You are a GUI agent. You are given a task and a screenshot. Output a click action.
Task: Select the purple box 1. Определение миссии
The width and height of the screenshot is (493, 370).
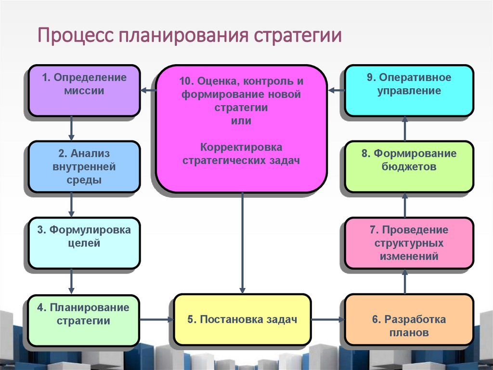point(84,90)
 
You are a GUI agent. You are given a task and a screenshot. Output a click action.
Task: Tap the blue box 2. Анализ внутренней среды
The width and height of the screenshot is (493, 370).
point(84,166)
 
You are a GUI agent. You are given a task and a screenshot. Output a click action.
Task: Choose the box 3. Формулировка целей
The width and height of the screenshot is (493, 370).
point(84,243)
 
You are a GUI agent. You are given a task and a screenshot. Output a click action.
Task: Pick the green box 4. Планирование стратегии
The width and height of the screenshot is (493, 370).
point(84,319)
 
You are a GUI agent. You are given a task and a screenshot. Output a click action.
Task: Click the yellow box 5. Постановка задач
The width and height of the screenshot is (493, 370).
point(242,319)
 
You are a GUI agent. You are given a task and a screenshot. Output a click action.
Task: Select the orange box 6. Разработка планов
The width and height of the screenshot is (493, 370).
point(409,319)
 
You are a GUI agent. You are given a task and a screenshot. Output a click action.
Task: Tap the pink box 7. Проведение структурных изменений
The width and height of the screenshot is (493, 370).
point(409,243)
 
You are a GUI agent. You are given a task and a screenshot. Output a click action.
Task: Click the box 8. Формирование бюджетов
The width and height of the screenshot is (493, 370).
point(409,166)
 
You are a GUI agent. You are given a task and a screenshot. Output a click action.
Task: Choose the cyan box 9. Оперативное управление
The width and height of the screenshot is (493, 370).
point(409,90)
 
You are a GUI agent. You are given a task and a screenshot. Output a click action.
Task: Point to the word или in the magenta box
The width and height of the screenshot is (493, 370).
point(241,121)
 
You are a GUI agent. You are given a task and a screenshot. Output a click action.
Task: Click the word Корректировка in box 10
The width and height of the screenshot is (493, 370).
point(241,147)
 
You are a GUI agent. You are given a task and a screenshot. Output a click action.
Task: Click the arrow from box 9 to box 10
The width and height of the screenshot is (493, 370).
point(336,90)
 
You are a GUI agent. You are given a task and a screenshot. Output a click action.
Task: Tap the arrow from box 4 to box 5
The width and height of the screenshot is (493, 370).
point(156,319)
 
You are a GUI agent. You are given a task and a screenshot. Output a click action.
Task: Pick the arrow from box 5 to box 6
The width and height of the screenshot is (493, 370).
point(327,319)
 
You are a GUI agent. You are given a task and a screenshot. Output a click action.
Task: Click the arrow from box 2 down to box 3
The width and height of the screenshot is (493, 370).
point(72,205)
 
